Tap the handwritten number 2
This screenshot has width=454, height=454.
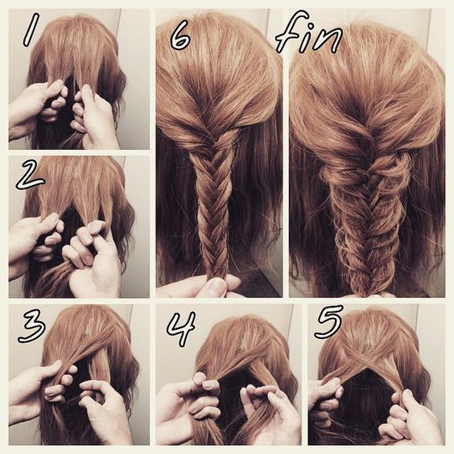point(31,174)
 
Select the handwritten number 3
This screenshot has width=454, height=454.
point(32,326)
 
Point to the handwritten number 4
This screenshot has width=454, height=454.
point(182,329)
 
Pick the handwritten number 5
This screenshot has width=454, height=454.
point(329,321)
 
